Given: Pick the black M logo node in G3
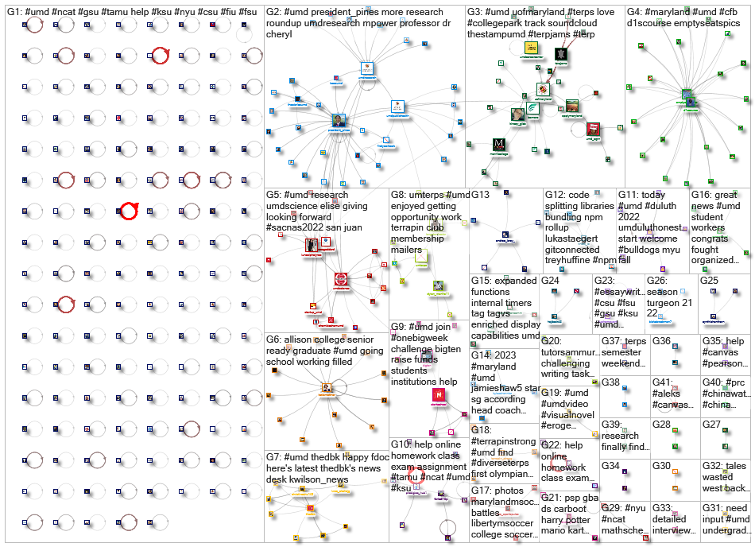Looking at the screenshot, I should (x=500, y=145).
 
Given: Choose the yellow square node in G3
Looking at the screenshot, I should (x=531, y=48).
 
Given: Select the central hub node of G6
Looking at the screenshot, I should (x=327, y=389).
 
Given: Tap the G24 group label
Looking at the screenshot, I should (x=551, y=280).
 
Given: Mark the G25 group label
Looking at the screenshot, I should (x=709, y=280).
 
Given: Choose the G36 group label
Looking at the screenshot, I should (x=661, y=340).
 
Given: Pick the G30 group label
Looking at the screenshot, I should (x=661, y=465).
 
